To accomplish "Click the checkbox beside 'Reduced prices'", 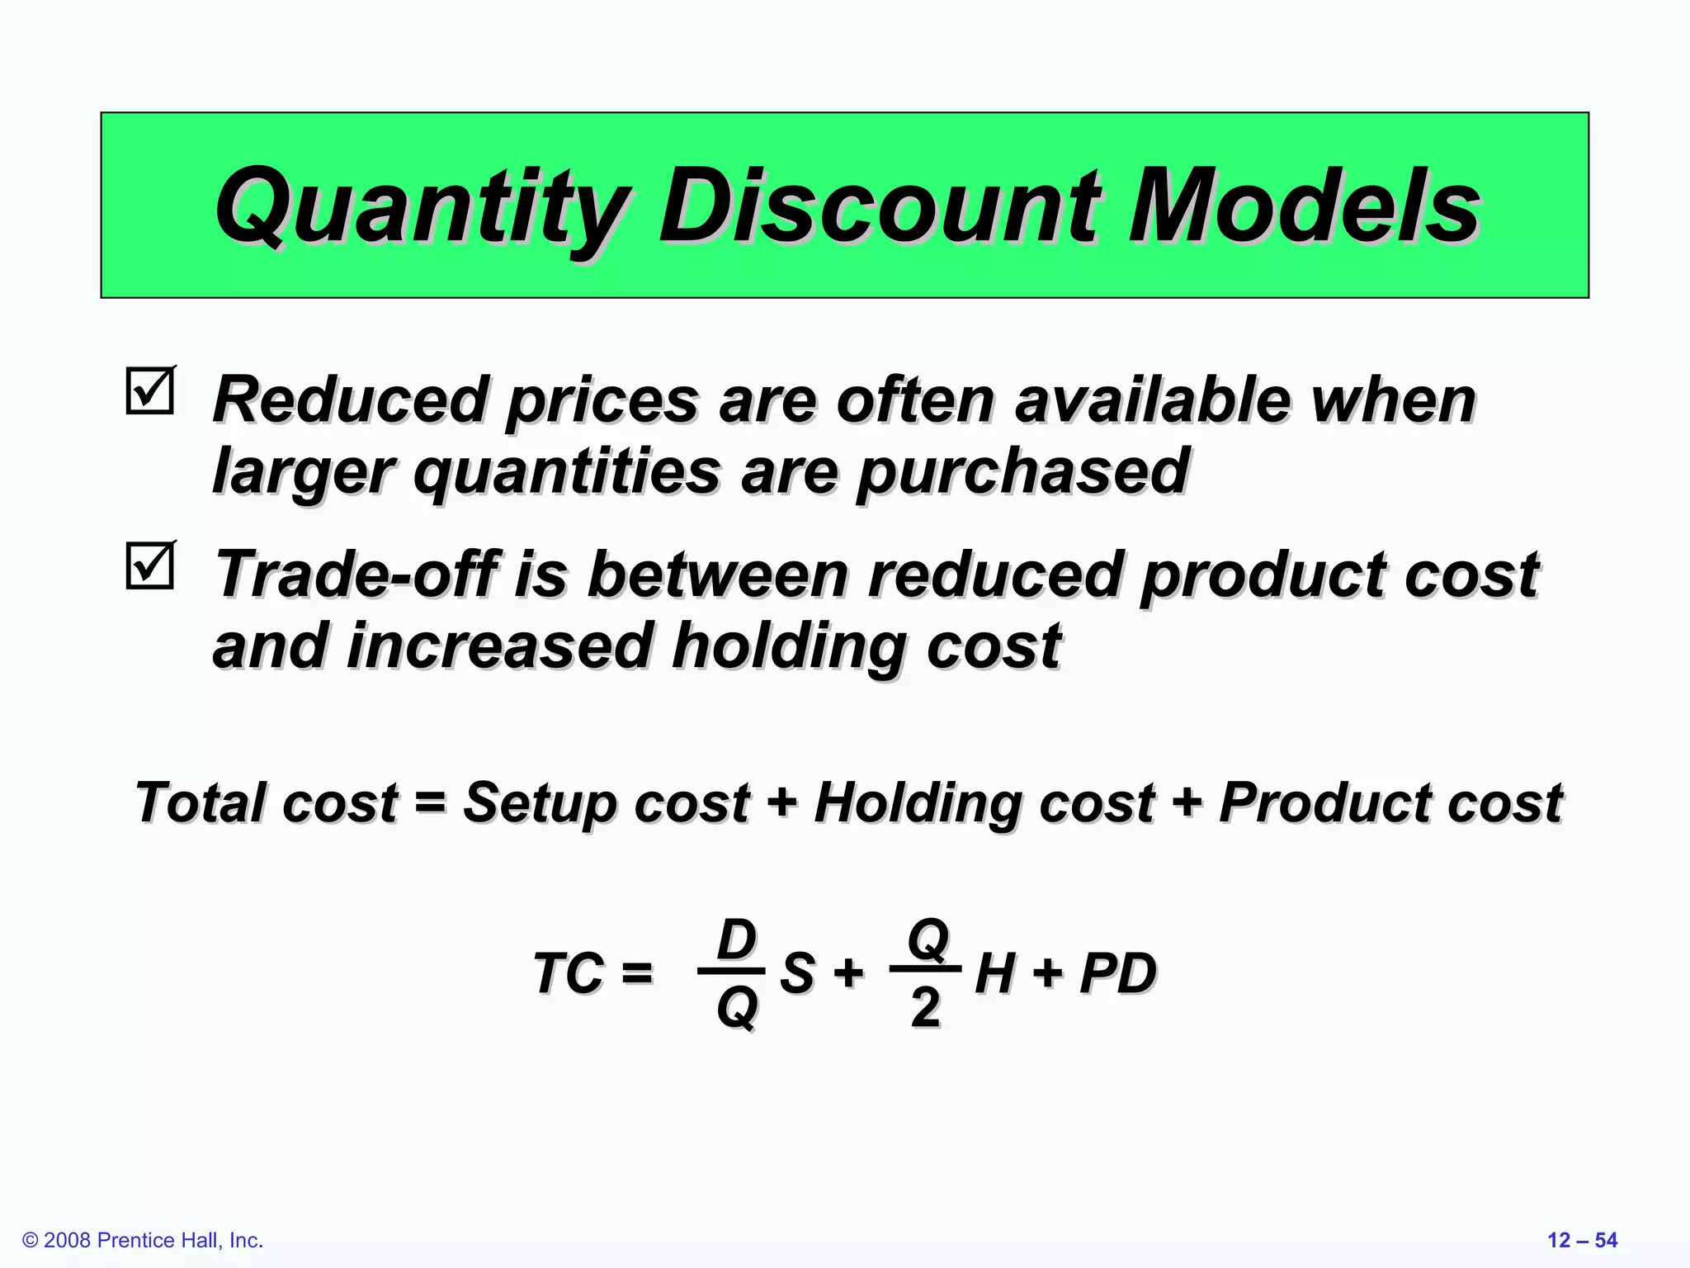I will click(x=150, y=390).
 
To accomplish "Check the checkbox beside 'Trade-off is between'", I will click(x=150, y=566).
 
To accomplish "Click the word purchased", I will click(x=1022, y=471).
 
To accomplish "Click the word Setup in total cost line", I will click(x=541, y=802).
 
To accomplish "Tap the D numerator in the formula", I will click(x=736, y=939).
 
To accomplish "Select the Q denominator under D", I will click(x=736, y=1007).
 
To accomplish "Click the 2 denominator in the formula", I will click(x=925, y=1007).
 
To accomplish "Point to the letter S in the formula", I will click(x=797, y=972).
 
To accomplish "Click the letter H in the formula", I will click(x=994, y=972).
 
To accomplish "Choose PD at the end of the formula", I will click(x=1118, y=972).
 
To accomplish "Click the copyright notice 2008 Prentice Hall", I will click(x=144, y=1240).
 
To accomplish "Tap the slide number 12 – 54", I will click(x=1582, y=1240).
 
